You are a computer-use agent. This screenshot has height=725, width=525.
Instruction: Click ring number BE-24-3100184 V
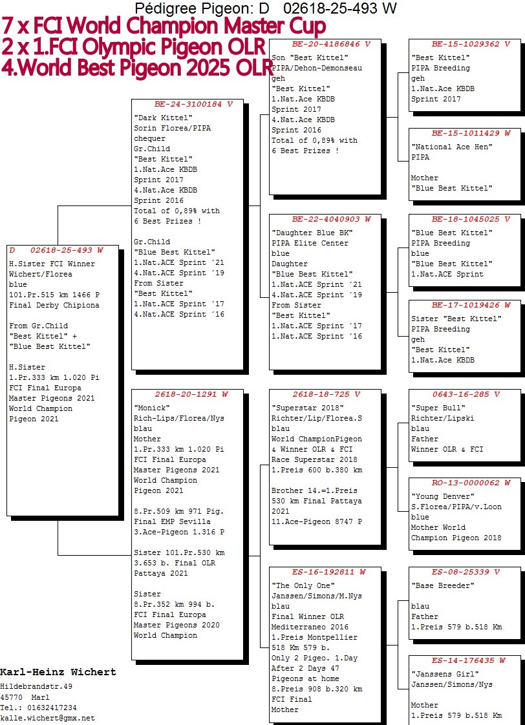[193, 104]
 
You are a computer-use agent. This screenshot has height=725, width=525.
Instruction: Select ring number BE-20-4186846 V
[331, 44]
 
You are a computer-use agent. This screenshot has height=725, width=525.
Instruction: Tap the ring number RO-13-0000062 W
[471, 483]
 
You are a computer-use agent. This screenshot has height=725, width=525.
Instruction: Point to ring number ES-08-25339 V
[466, 572]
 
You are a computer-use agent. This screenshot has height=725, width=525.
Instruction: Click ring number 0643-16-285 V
[466, 394]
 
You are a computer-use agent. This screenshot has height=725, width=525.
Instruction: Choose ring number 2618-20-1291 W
[191, 394]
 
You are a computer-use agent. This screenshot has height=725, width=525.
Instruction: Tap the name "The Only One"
[303, 585]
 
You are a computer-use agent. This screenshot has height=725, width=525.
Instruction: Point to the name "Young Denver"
[443, 496]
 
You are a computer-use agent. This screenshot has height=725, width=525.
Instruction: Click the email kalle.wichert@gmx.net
[48, 718]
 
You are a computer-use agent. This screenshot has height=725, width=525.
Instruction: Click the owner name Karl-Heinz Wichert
[58, 672]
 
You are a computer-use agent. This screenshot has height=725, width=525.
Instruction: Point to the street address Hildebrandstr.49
[36, 687]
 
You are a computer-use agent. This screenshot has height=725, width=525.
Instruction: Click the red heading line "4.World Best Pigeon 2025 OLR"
[137, 68]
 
